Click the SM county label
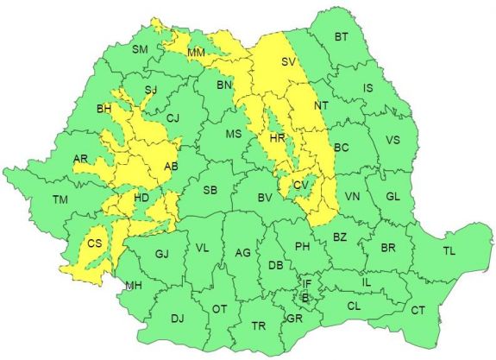[x=140, y=49]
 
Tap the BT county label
[x=342, y=36]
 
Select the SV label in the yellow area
[x=288, y=62]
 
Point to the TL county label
[x=449, y=251]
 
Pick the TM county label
[x=60, y=200]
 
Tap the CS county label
[x=95, y=244]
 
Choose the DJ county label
[x=177, y=319]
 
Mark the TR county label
[x=258, y=326]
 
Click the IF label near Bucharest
[x=306, y=283]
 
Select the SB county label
[x=210, y=190]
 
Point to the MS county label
[x=233, y=134]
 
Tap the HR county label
[x=277, y=138]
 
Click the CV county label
[x=301, y=185]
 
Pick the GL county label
[x=392, y=197]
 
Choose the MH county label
[x=133, y=286]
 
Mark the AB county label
[x=170, y=167]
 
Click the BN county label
[x=224, y=85]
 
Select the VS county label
[x=392, y=140]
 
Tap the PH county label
[x=303, y=247]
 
